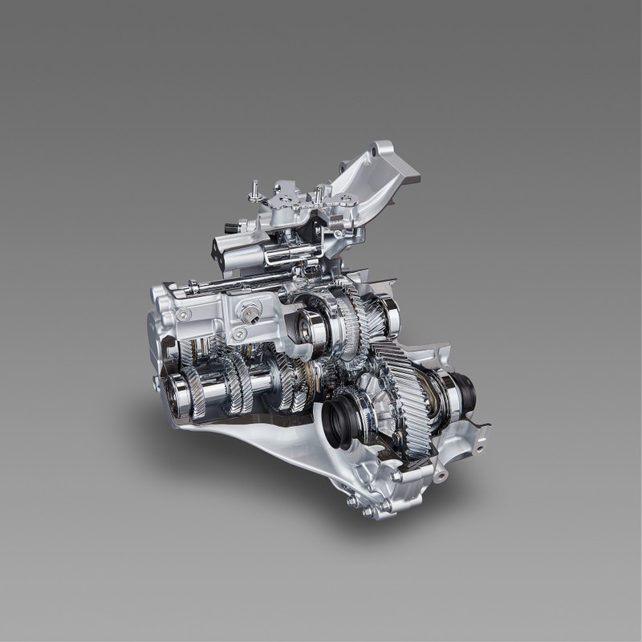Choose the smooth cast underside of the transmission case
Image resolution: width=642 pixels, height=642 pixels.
tap(265, 449)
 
